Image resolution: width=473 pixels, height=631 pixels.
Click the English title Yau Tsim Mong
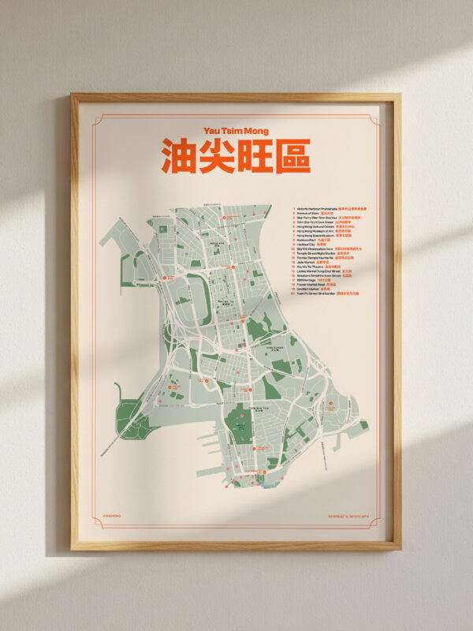click(236, 130)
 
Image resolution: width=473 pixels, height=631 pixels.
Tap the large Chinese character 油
click(180, 156)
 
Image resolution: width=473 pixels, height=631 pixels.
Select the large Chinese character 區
click(292, 156)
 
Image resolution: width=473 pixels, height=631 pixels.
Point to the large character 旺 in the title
click(255, 156)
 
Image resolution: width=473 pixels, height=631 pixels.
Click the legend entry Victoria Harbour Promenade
click(316, 209)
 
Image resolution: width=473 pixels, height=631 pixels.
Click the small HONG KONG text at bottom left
click(113, 517)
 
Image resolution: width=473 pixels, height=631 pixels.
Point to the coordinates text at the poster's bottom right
click(347, 517)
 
